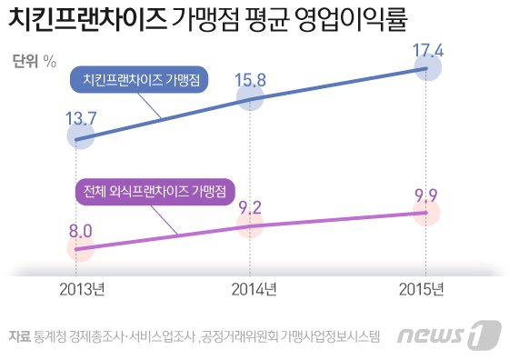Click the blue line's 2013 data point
(x=79, y=139)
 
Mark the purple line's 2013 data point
(x=79, y=248)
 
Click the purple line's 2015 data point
(x=426, y=213)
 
